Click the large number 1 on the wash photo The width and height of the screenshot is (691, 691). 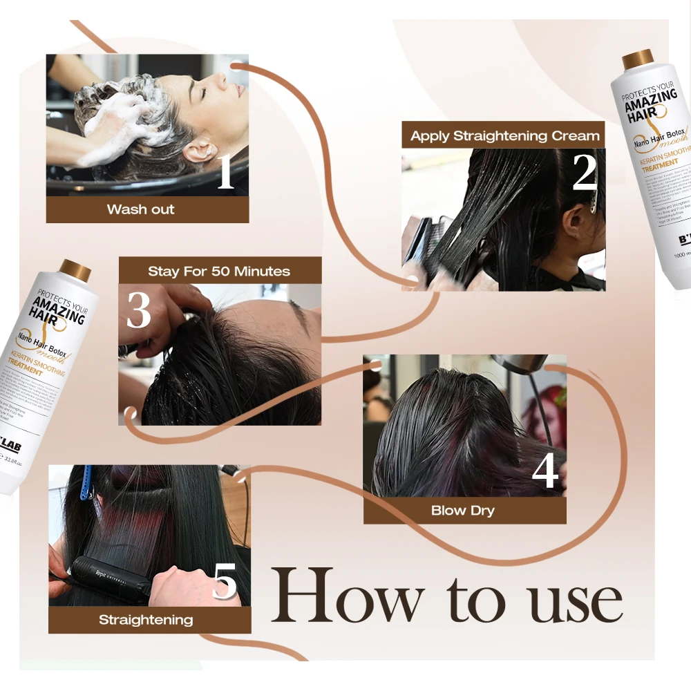pyautogui.click(x=225, y=173)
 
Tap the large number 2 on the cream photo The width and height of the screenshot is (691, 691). pyautogui.click(x=584, y=173)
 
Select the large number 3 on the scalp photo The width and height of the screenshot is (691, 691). pyautogui.click(x=138, y=311)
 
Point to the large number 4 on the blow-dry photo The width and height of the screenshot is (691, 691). pyautogui.click(x=545, y=471)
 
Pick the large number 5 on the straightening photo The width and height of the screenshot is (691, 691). pyautogui.click(x=225, y=583)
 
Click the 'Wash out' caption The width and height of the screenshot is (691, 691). pyautogui.click(x=141, y=209)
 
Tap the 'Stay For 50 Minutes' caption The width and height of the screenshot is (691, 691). pyautogui.click(x=219, y=271)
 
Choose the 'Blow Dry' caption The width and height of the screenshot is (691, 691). pyautogui.click(x=463, y=511)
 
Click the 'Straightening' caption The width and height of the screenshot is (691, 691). pyautogui.click(x=146, y=620)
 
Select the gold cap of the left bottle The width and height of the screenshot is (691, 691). pyautogui.click(x=75, y=270)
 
